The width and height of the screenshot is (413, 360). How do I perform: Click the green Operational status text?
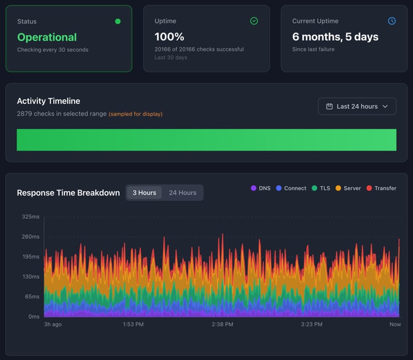[47, 37]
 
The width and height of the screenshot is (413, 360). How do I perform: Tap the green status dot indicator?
[117, 22]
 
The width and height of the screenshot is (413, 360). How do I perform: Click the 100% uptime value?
[170, 37]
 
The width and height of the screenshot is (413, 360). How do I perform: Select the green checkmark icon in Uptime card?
[254, 21]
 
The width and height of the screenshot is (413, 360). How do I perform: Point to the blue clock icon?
[392, 21]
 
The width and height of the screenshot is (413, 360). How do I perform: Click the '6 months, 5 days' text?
[335, 37]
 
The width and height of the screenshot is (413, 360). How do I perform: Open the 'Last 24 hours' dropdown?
[357, 106]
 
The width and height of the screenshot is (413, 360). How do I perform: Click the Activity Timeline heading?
[48, 101]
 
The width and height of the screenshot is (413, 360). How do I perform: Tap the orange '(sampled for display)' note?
[135, 114]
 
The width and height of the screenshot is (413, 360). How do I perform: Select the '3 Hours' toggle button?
[144, 192]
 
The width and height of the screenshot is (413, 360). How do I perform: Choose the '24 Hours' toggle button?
[182, 192]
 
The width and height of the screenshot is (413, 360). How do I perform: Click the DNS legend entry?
[261, 188]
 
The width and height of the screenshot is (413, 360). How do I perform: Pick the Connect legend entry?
[291, 188]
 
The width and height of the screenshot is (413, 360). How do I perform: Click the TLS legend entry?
[321, 188]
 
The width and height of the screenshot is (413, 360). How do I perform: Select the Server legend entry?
[348, 188]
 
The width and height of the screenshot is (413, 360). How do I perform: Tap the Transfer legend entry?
[381, 188]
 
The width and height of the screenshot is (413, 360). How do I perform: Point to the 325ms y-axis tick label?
[30, 217]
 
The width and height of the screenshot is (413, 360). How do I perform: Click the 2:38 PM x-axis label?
[222, 324]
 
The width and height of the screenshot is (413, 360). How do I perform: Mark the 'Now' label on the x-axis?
[395, 324]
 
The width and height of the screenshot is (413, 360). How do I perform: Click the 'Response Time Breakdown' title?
[68, 193]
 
